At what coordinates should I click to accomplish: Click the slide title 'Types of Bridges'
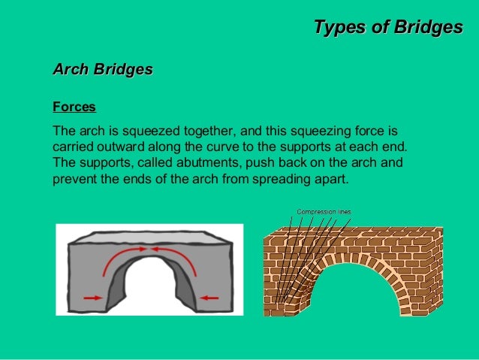[x=387, y=28]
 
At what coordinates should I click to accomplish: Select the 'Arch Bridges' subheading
[x=102, y=70]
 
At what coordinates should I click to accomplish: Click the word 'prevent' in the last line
[x=73, y=180]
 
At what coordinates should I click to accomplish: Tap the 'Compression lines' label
[x=324, y=211]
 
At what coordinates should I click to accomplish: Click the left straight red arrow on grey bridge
[x=92, y=298]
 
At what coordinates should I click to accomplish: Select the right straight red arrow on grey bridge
[x=209, y=298]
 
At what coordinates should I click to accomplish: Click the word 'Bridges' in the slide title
[x=425, y=28]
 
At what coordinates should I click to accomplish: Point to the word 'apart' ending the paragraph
[x=331, y=180]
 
